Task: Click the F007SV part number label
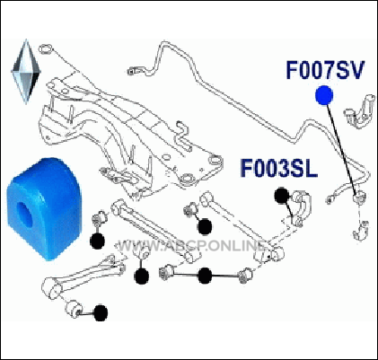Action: [325, 70]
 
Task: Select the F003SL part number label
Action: [278, 169]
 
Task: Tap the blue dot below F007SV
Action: [324, 95]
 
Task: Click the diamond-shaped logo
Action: [26, 72]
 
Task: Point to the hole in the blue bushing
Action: [24, 212]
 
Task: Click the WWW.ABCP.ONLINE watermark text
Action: [191, 246]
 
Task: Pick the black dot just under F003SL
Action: [282, 196]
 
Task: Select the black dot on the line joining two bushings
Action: [205, 276]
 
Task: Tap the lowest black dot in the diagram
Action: [101, 312]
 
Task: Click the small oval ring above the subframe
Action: [46, 48]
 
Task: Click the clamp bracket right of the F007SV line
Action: [360, 111]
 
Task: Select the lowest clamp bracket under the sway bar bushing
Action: [361, 231]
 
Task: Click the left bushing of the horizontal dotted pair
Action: [166, 272]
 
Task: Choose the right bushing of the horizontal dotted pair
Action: [246, 274]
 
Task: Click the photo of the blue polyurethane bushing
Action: [44, 208]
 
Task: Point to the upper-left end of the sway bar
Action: [131, 71]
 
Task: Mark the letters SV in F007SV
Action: [349, 70]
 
